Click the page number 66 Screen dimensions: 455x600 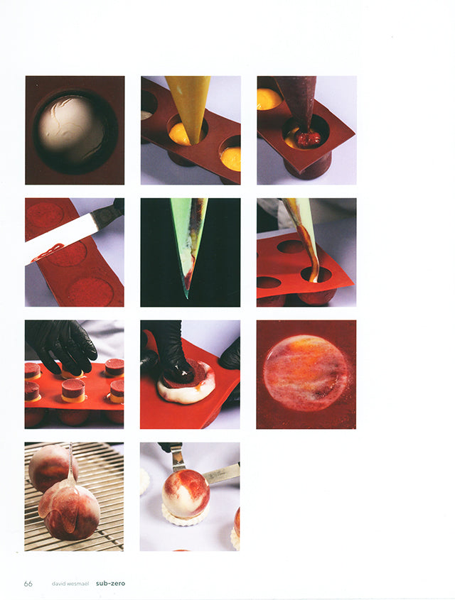coord(28,584)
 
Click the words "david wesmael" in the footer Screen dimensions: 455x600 coord(70,584)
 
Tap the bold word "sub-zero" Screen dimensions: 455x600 coord(110,584)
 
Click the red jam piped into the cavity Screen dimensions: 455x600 coord(308,140)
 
